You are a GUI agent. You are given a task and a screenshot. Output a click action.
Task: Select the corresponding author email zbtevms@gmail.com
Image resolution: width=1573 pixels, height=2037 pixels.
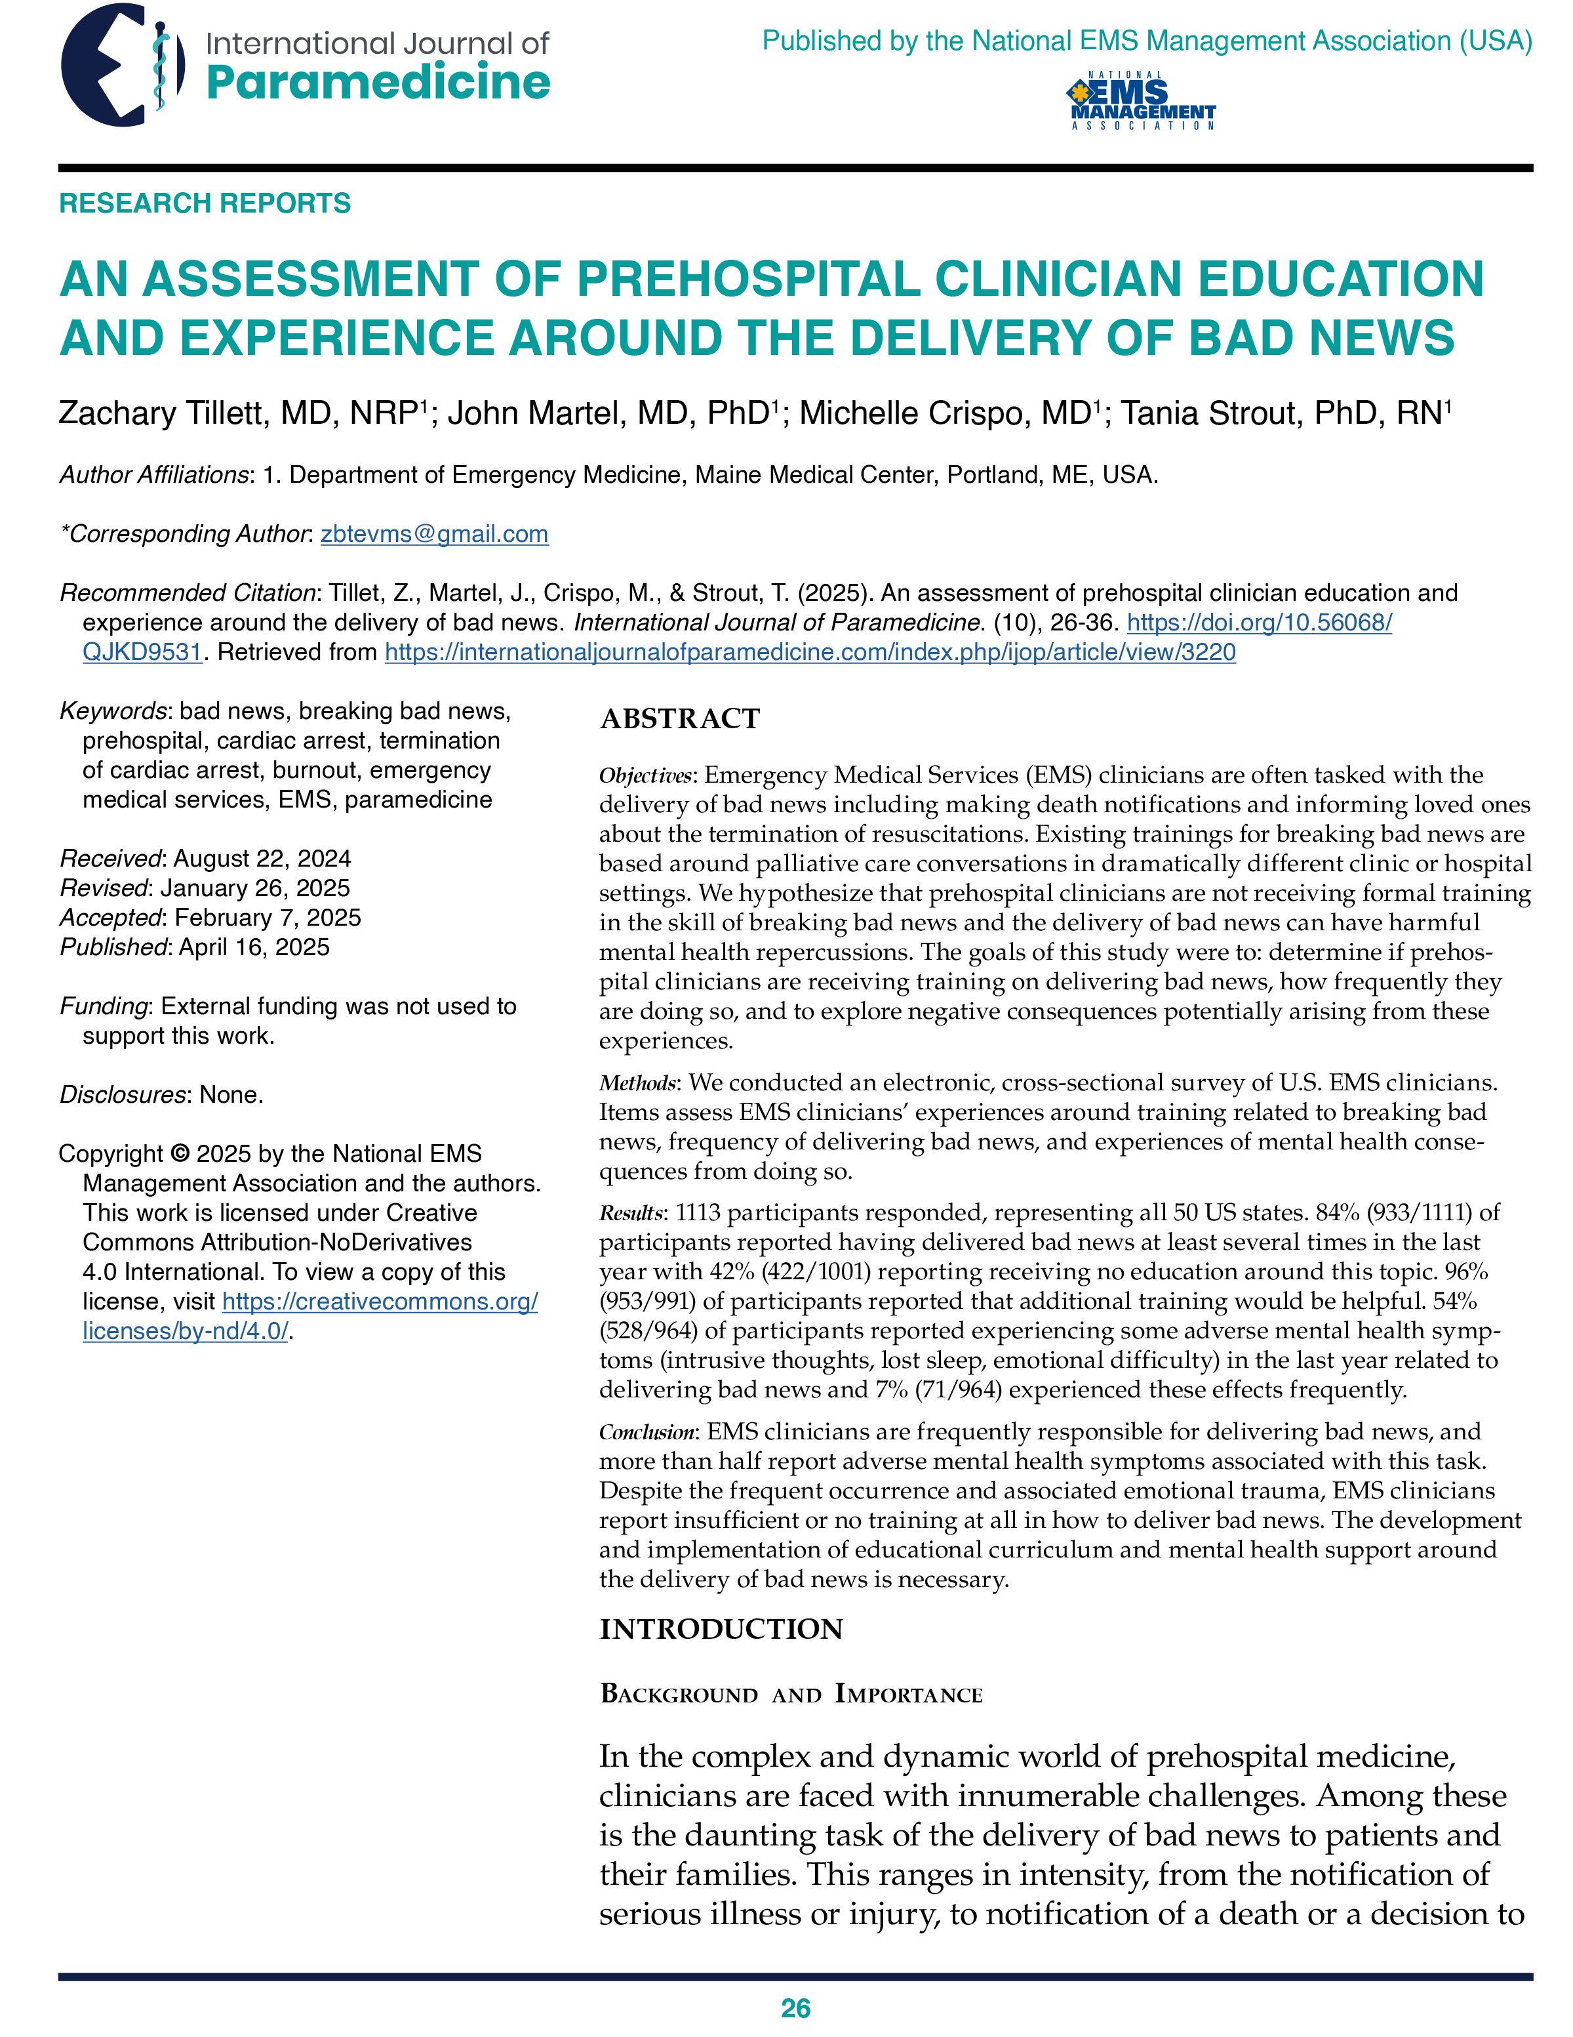coord(433,535)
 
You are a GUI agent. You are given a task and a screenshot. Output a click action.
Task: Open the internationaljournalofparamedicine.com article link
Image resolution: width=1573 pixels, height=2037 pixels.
coord(809,652)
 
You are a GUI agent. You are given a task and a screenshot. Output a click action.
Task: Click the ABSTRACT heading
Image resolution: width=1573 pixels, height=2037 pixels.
coord(680,719)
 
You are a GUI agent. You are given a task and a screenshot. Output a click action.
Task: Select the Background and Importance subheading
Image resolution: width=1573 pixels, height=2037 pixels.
coord(791,1695)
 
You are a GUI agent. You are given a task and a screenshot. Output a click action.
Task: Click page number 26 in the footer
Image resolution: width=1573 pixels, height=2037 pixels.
coord(795,2008)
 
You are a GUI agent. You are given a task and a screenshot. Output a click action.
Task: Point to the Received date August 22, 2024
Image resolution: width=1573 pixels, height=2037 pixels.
coord(262,859)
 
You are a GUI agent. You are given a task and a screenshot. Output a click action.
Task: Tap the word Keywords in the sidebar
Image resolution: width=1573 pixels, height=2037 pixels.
coord(113,712)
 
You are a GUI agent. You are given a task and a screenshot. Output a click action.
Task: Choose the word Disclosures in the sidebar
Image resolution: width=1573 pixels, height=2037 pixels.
coord(122,1095)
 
